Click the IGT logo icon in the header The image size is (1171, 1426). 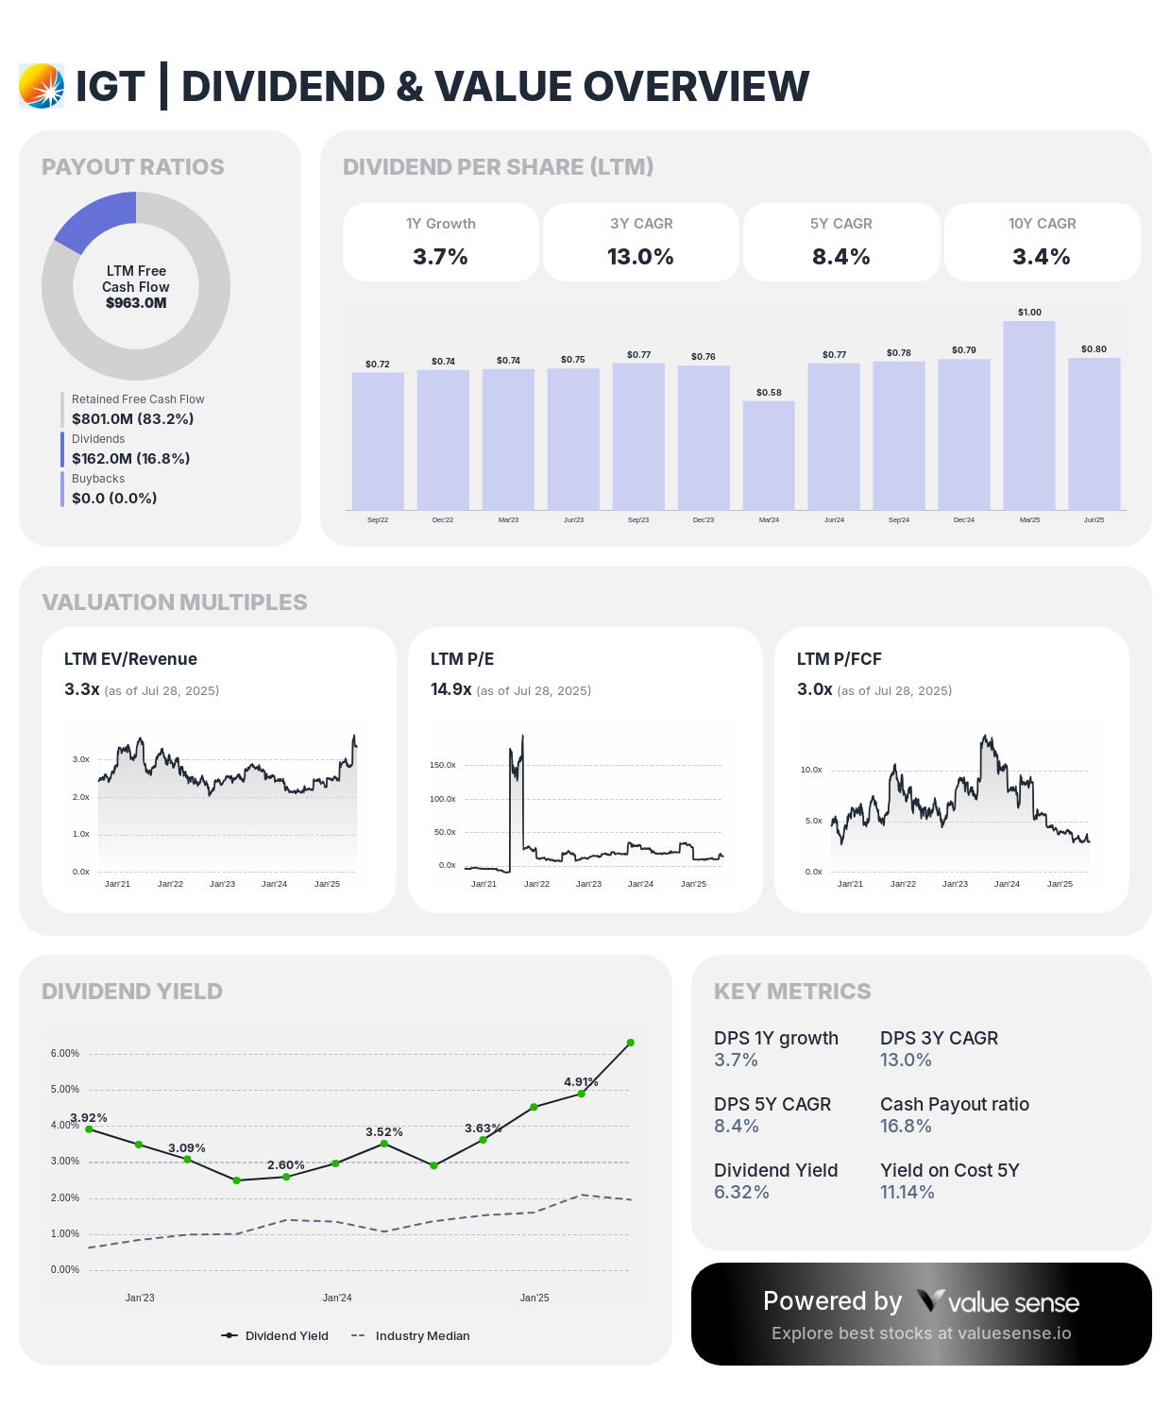pyautogui.click(x=42, y=86)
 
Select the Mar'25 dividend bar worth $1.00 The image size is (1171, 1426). pyautogui.click(x=1028, y=416)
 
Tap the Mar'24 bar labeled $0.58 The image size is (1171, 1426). pyautogui.click(x=769, y=455)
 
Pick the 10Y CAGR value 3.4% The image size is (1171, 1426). pyautogui.click(x=1041, y=257)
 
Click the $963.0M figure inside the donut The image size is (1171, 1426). pyautogui.click(x=136, y=303)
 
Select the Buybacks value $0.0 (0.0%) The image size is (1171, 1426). pyautogui.click(x=114, y=498)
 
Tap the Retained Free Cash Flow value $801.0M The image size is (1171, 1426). pyautogui.click(x=132, y=418)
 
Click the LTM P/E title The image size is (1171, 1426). pyautogui.click(x=462, y=659)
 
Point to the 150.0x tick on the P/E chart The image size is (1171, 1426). pyautogui.click(x=442, y=765)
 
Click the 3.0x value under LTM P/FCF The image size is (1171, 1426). pyautogui.click(x=814, y=689)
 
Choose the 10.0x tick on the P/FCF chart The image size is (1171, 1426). pyautogui.click(x=811, y=770)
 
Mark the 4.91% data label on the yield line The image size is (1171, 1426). pyautogui.click(x=581, y=1081)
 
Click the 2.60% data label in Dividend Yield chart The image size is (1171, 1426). pyautogui.click(x=285, y=1164)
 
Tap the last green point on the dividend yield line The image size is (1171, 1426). pyautogui.click(x=630, y=1043)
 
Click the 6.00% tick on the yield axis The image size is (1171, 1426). pyautogui.click(x=65, y=1053)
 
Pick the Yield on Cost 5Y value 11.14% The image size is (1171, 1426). pyautogui.click(x=907, y=1192)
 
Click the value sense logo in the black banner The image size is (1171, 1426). pyautogui.click(x=997, y=1302)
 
